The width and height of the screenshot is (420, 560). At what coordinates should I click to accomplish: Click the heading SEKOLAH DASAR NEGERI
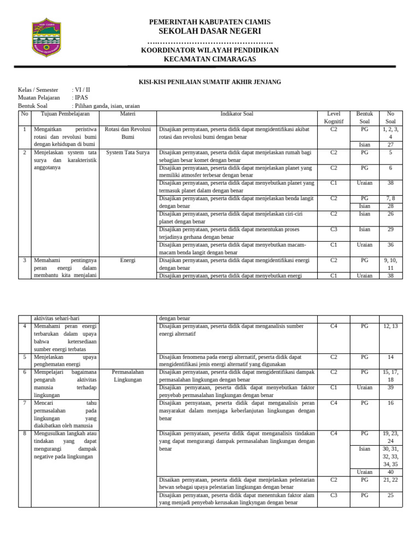click(x=210, y=31)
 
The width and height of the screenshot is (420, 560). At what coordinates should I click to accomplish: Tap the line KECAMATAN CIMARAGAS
click(x=210, y=59)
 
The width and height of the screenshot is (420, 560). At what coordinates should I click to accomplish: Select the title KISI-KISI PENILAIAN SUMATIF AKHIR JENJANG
click(x=210, y=81)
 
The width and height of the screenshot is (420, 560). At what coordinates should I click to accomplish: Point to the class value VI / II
click(x=83, y=90)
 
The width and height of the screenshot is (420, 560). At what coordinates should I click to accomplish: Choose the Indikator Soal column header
click(x=237, y=114)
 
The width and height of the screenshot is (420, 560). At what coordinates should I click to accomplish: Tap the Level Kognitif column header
click(x=334, y=118)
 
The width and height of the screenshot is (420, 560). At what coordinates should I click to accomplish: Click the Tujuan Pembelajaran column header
click(x=65, y=114)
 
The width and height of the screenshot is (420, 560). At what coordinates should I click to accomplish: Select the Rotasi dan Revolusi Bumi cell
click(x=128, y=133)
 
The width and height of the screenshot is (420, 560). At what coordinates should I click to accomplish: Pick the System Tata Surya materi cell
click(x=128, y=153)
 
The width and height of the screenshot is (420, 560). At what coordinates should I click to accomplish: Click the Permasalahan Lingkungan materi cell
click(x=128, y=376)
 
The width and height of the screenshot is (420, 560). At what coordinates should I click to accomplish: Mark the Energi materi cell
click(x=128, y=260)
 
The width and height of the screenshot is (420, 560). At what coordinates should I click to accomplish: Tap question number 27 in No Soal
click(x=390, y=144)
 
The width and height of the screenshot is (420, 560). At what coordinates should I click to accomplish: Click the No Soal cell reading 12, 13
click(x=390, y=326)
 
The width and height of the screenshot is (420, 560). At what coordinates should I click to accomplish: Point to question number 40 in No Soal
click(x=390, y=472)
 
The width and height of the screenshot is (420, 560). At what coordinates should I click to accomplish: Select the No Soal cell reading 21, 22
click(x=390, y=480)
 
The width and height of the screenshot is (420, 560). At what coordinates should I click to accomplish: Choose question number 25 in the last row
click(x=390, y=495)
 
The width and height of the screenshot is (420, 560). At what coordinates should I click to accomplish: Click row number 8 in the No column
click(x=25, y=434)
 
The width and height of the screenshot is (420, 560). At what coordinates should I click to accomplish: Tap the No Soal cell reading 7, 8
click(x=390, y=199)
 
